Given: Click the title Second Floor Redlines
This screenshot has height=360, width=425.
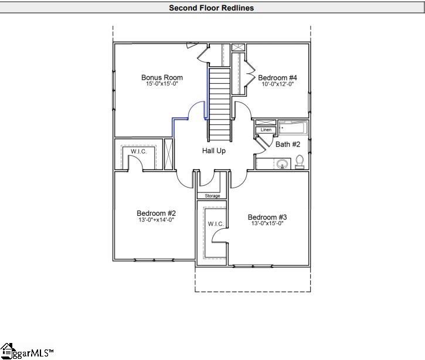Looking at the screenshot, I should point(212,8).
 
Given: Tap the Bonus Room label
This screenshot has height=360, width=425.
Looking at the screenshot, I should point(162,77).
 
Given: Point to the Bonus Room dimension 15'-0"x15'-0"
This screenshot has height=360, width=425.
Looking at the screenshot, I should point(162,84).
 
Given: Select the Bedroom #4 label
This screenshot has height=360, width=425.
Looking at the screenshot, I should point(277,77).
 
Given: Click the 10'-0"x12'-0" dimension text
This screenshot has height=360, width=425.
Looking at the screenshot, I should point(277,84).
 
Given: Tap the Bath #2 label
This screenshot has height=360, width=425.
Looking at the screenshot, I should point(288,144).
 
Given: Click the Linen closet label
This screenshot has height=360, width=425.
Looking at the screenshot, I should point(266,130).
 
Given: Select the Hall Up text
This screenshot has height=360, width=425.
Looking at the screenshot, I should point(214,151).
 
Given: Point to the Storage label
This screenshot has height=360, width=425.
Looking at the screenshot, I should point(212,196).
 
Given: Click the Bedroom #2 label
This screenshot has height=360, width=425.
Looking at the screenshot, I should point(157,213).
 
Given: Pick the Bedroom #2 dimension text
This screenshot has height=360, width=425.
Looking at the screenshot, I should point(157,220).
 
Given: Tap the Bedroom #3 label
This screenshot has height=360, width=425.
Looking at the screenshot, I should point(267,216).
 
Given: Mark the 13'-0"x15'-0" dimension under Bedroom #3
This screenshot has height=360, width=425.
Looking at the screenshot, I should point(267,223).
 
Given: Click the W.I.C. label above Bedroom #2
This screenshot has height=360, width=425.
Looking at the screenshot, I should point(138,151).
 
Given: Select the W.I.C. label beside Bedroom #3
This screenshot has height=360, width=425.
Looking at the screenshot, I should point(212,224).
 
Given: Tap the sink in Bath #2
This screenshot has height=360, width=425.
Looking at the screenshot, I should point(283,164).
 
